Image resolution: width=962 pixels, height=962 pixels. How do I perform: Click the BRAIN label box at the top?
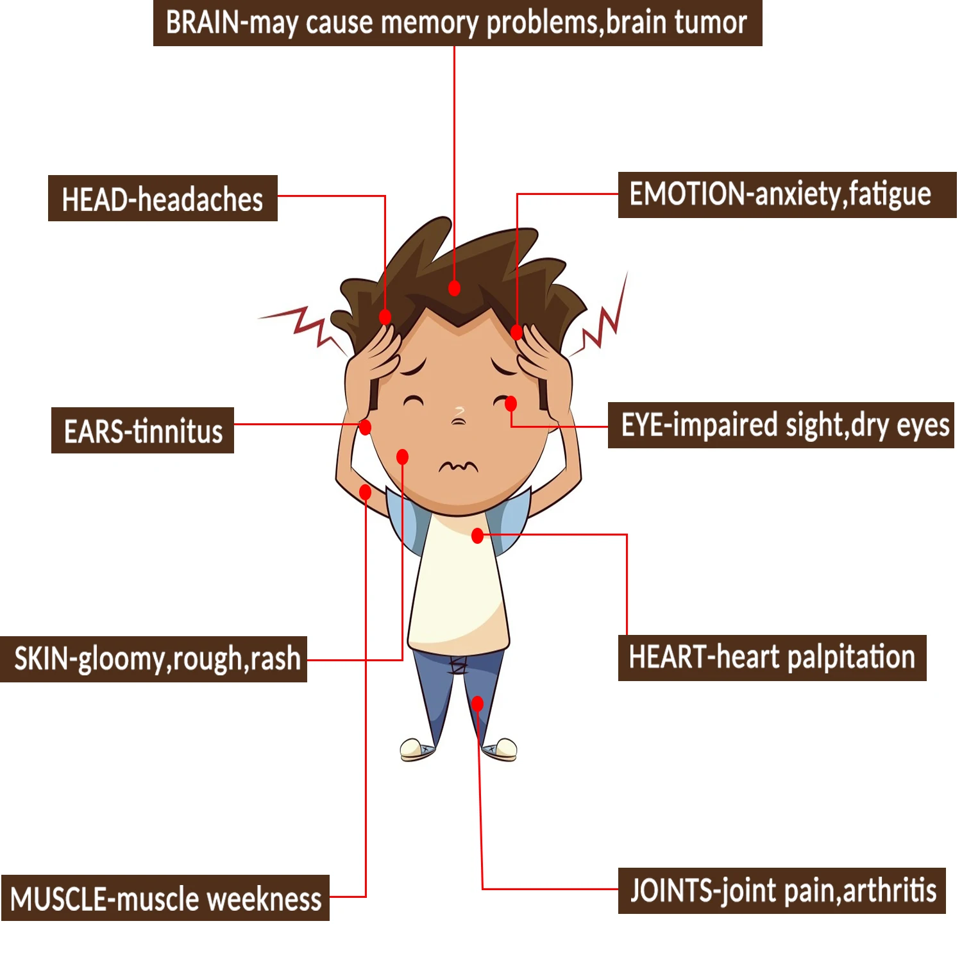pyautogui.click(x=457, y=23)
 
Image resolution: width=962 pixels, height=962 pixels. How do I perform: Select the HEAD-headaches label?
pyautogui.click(x=162, y=198)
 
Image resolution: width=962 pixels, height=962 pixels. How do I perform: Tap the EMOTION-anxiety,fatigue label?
pyautogui.click(x=786, y=195)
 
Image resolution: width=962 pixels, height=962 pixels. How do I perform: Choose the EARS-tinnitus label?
pyautogui.click(x=142, y=430)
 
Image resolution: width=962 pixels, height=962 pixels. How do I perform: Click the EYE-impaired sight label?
pyautogui.click(x=781, y=425)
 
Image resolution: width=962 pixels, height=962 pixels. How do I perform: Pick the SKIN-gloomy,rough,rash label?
pyautogui.click(x=154, y=659)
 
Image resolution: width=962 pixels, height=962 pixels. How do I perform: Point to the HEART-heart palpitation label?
pyautogui.click(x=772, y=658)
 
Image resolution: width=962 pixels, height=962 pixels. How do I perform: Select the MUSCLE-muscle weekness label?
pyautogui.click(x=165, y=898)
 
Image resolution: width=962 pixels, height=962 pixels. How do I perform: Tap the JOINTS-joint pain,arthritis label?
pyautogui.click(x=781, y=891)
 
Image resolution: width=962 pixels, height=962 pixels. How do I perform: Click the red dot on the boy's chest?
pyautogui.click(x=477, y=536)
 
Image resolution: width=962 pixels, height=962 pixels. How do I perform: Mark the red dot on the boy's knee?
pyautogui.click(x=477, y=704)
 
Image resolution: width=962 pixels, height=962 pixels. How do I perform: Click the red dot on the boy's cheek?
pyautogui.click(x=402, y=457)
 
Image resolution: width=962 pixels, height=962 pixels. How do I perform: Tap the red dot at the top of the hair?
pyautogui.click(x=454, y=288)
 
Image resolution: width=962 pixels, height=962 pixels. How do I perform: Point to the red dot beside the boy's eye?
pyautogui.click(x=511, y=403)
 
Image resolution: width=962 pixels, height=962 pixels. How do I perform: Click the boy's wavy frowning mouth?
pyautogui.click(x=458, y=466)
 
